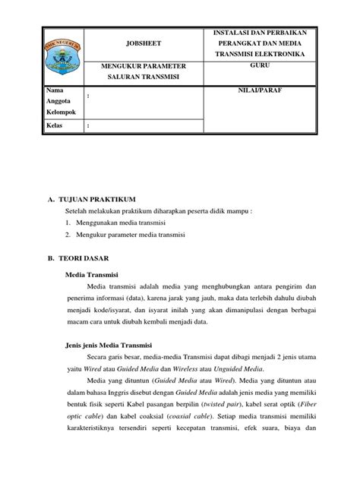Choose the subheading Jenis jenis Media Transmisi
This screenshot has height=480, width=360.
coord(110,343)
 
